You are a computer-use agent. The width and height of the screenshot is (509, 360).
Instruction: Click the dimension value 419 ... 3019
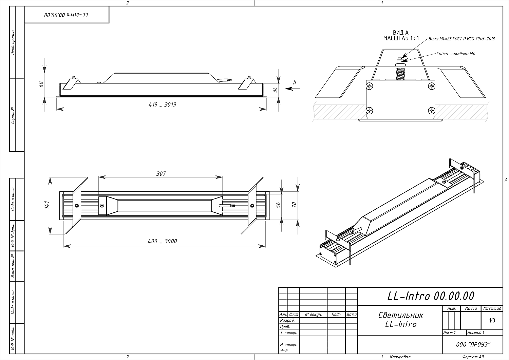pyautogui.click(x=162, y=105)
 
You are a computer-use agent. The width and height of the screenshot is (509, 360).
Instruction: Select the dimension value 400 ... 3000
pyautogui.click(x=162, y=241)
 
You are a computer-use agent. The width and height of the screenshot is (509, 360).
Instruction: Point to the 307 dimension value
pyautogui.click(x=161, y=174)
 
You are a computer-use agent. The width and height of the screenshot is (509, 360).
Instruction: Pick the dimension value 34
pyautogui.click(x=275, y=90)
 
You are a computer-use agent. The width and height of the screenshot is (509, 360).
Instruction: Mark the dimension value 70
pyautogui.click(x=294, y=205)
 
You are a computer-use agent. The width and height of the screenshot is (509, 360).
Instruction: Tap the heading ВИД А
pyautogui.click(x=401, y=33)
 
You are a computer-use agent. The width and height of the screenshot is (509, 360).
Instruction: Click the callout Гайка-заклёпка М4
pyautogui.click(x=455, y=54)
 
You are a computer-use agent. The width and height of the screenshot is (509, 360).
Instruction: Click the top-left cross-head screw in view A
pyautogui.click(x=370, y=87)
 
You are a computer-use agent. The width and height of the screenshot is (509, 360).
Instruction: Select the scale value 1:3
pyautogui.click(x=492, y=320)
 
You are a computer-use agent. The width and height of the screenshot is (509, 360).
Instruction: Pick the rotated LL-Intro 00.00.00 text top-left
pyautogui.click(x=67, y=15)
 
